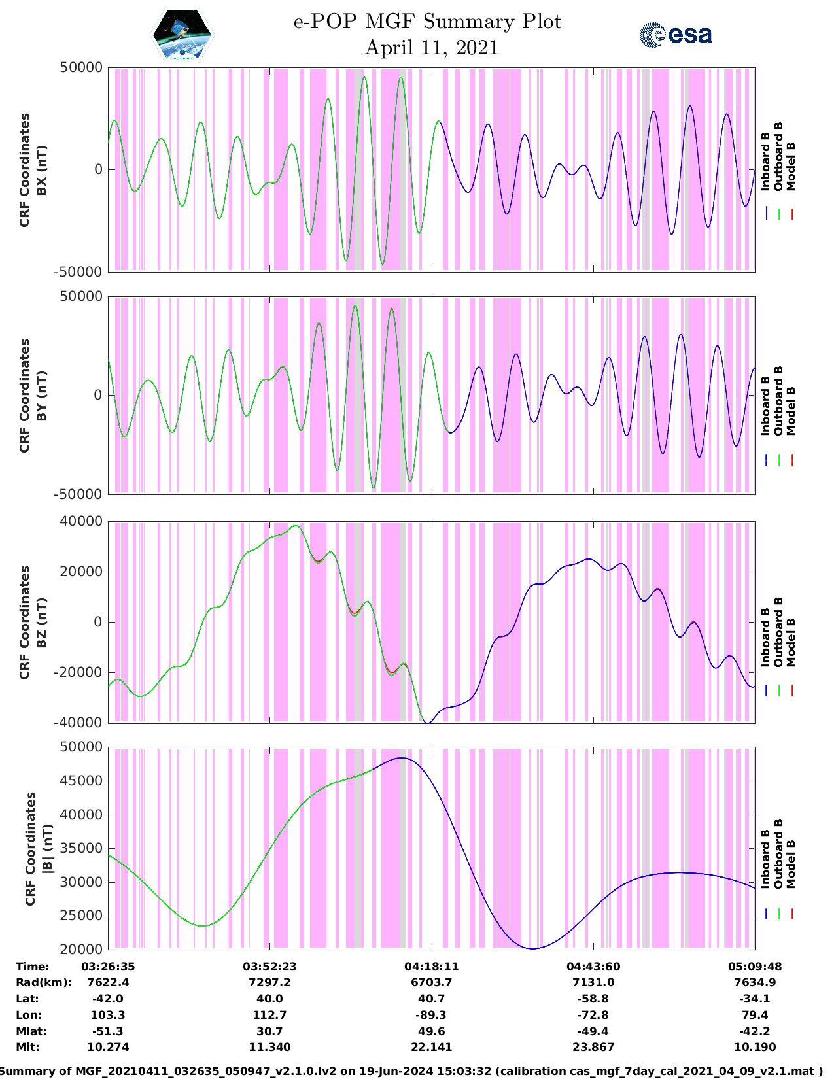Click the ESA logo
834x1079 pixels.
(675, 35)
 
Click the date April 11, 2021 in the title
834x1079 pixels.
(431, 48)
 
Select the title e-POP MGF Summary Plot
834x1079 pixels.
(427, 22)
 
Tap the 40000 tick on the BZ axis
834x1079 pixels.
(81, 521)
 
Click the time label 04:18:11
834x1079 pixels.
(431, 966)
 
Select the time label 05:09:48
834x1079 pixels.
(755, 966)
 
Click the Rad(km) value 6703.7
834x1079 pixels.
(431, 982)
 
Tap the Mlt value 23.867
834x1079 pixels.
(593, 1047)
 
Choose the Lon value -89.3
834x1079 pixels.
(431, 1015)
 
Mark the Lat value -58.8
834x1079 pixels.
(593, 999)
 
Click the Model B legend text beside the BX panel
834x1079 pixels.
(791, 166)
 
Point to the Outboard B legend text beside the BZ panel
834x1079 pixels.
(778, 632)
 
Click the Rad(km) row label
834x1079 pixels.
(43, 982)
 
